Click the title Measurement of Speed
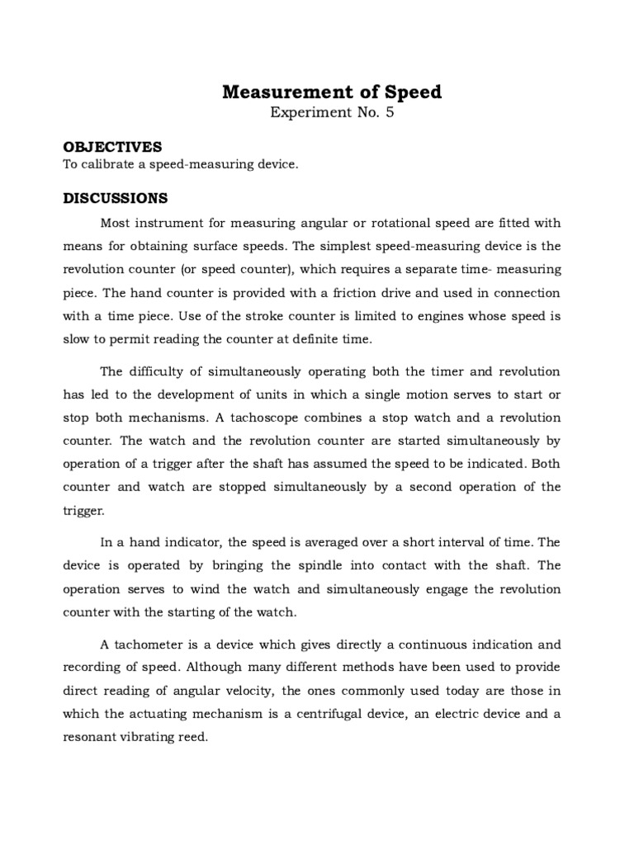[x=332, y=92]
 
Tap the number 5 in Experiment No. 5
[x=389, y=114]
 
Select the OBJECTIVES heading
[x=113, y=147]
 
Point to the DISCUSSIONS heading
[x=116, y=198]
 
